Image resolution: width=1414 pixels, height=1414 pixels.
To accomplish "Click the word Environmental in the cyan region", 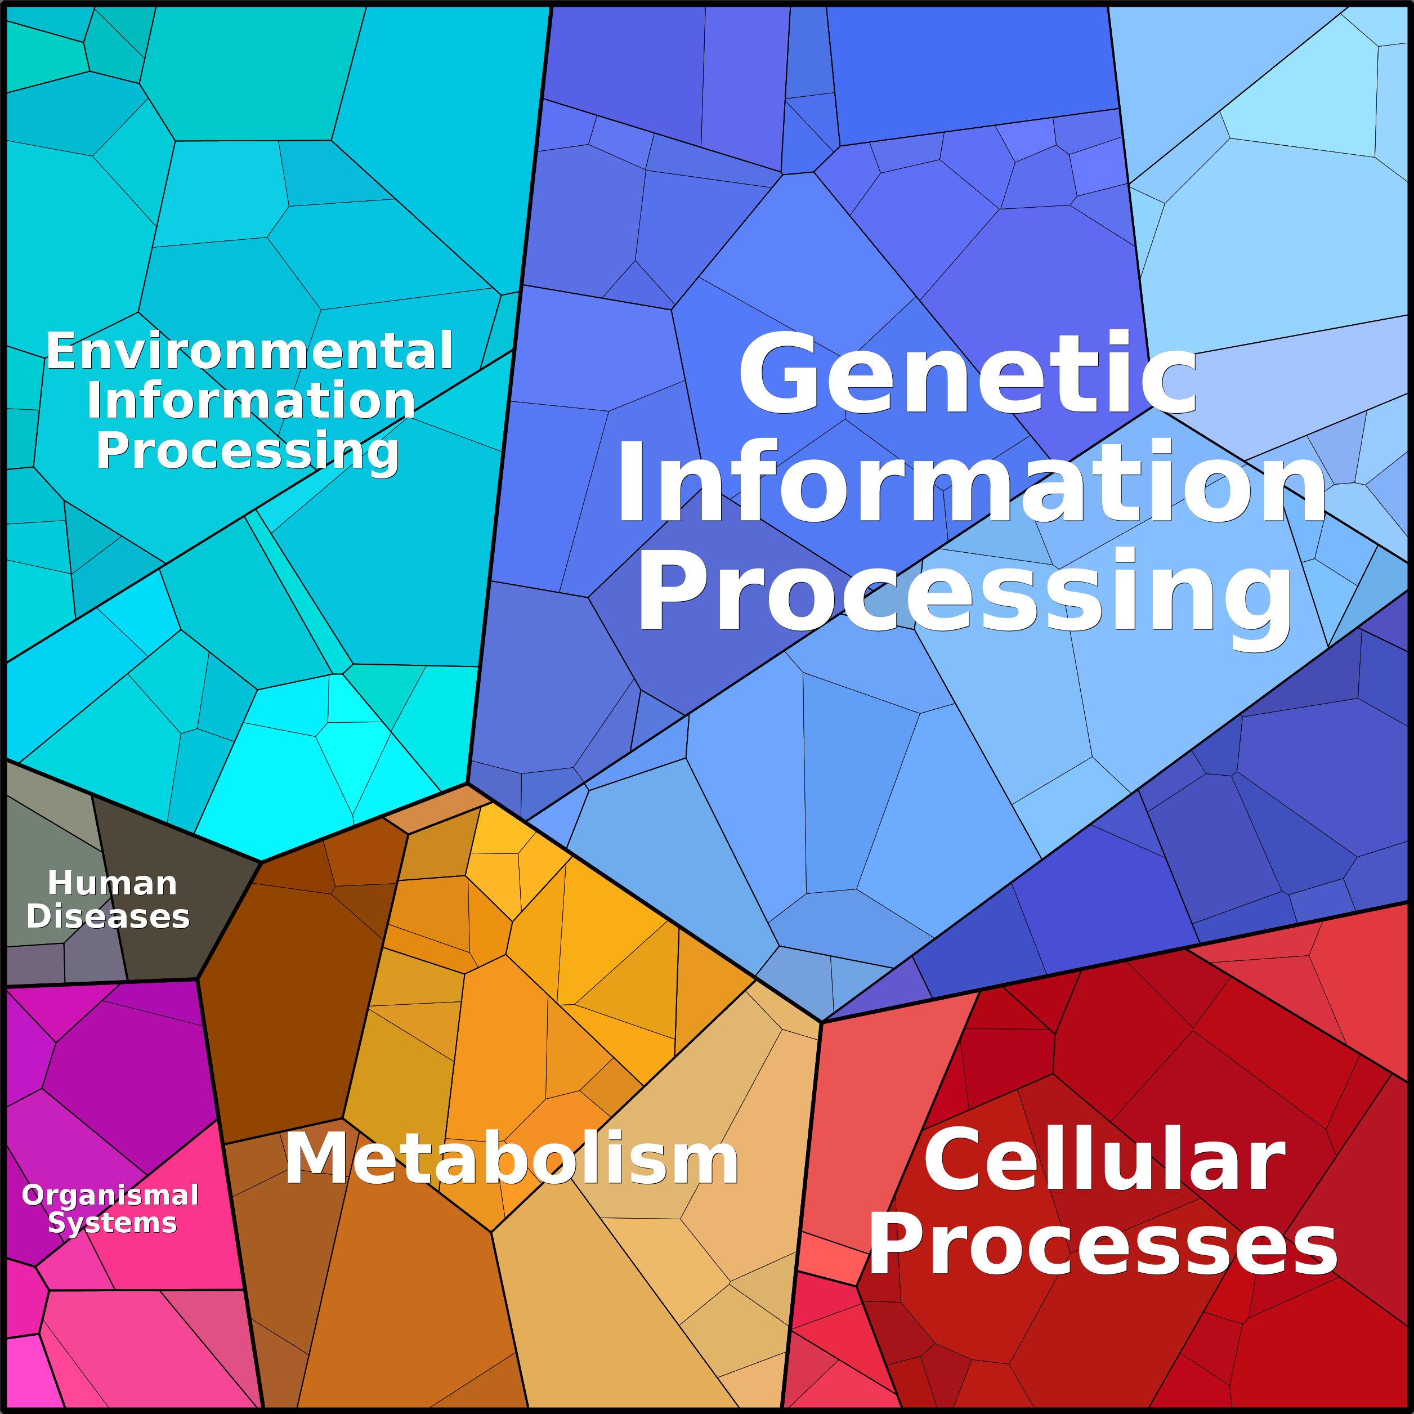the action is (249, 351).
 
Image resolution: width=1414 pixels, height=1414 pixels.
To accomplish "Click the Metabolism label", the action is (512, 1158).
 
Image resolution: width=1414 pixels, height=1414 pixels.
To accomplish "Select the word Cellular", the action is (1104, 1160).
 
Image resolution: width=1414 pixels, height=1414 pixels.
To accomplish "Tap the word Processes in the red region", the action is (1103, 1244).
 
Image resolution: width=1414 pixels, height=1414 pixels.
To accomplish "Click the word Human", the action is (113, 883).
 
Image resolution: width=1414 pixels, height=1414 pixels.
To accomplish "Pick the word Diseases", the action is (108, 916).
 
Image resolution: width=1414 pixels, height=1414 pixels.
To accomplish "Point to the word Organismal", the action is (110, 1195).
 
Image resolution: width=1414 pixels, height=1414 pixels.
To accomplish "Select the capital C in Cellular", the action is (953, 1160).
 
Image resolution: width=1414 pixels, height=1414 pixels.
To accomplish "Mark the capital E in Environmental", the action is (61, 351).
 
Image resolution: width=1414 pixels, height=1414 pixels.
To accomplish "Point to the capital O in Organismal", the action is (34, 1195).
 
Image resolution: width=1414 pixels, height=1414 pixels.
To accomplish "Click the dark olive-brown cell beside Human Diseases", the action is (176, 897).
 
